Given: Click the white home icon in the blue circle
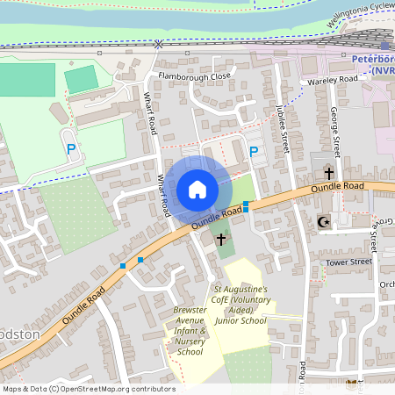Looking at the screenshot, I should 197,189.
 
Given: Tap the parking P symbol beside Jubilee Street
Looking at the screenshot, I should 254,153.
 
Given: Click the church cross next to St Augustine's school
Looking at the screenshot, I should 220,238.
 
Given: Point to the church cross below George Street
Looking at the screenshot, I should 329,173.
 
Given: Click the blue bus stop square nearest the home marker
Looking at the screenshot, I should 246,206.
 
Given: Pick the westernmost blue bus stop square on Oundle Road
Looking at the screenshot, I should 122,265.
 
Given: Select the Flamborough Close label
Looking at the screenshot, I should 194,76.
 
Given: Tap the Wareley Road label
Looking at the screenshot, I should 333,80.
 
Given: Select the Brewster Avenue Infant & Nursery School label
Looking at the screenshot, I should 190,332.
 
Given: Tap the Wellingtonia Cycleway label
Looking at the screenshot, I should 359,18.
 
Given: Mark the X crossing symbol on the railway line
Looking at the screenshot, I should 158,43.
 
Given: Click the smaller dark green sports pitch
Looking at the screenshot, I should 82,79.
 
